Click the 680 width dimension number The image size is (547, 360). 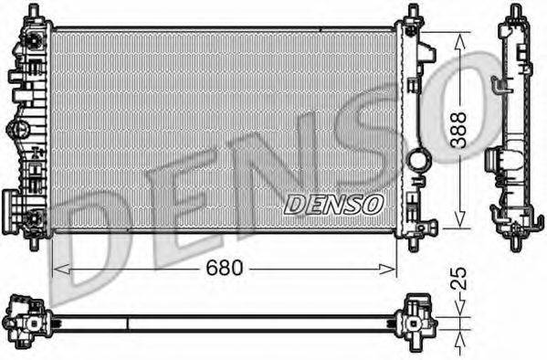224,268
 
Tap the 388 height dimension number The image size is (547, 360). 458,130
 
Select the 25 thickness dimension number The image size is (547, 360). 458,279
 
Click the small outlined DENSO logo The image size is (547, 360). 333,205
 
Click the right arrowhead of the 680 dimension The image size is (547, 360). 387,270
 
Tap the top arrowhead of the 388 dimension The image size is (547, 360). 460,41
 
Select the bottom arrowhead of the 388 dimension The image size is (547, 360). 460,219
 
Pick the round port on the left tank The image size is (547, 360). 17,129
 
